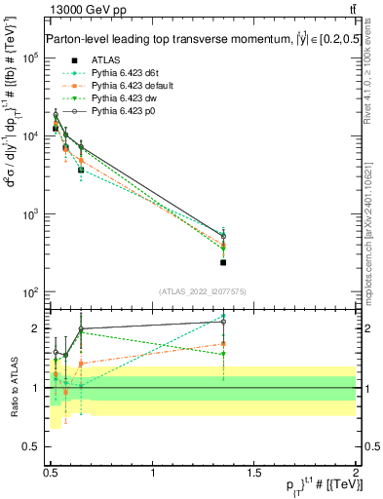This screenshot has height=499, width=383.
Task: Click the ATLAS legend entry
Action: click(104, 59)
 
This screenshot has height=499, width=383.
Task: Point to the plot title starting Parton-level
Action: click(195, 39)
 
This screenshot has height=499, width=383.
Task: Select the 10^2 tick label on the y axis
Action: click(29, 292)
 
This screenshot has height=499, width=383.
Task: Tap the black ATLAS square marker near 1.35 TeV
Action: click(223, 262)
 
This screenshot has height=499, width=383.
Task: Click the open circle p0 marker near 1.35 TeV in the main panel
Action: click(223, 236)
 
